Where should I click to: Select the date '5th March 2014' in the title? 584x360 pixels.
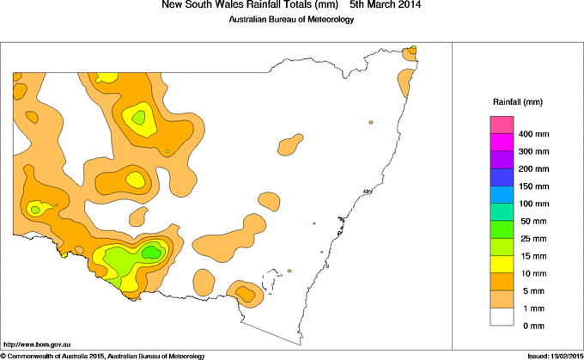click(386, 6)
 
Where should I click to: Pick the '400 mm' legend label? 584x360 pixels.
click(533, 135)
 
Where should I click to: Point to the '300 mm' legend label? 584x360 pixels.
click(533, 152)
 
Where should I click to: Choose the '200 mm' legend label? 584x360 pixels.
click(533, 169)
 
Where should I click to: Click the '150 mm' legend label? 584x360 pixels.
click(533, 186)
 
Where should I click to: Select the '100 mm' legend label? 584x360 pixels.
click(533, 204)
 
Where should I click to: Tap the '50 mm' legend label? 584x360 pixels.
click(532, 221)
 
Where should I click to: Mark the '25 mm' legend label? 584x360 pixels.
click(532, 238)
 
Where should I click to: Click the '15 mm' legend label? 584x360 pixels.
click(532, 255)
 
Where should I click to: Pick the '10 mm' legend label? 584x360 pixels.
click(532, 272)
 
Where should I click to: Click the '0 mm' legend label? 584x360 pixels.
click(530, 325)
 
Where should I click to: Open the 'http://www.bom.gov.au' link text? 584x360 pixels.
click(39, 343)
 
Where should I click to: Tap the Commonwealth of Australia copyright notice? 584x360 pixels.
click(103, 355)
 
